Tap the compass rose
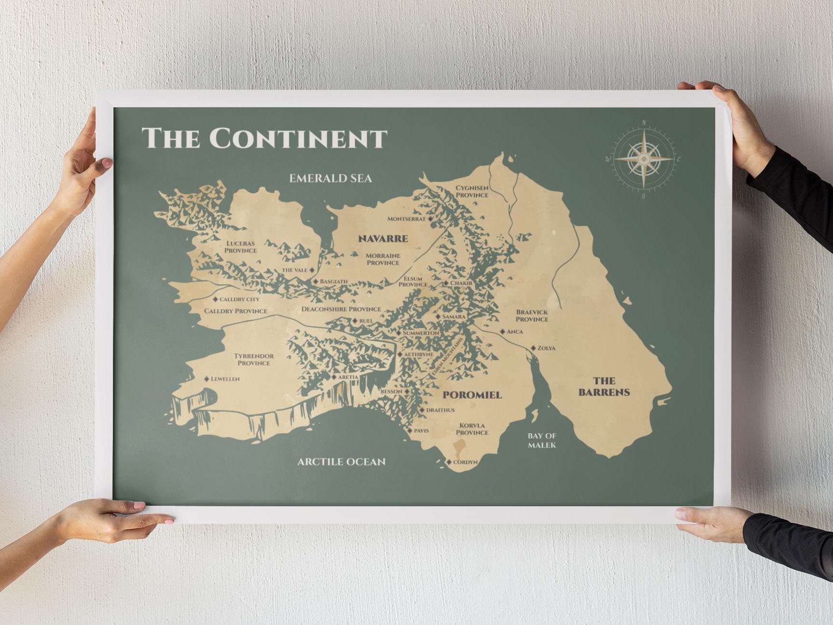click(x=644, y=158)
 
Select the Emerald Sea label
click(x=330, y=178)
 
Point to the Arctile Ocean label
click(x=341, y=462)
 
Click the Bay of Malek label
click(x=542, y=440)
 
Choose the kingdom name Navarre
click(x=383, y=238)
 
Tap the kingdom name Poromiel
click(x=472, y=395)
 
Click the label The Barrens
click(x=604, y=387)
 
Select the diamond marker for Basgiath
click(x=315, y=281)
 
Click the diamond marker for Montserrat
click(x=431, y=219)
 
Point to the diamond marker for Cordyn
click(x=449, y=462)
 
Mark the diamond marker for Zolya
click(x=533, y=348)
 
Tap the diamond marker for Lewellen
click(x=207, y=379)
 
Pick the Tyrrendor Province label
click(x=254, y=360)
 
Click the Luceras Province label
click(x=241, y=247)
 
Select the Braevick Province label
click(x=532, y=315)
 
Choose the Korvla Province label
click(x=472, y=429)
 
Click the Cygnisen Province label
click(x=472, y=191)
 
